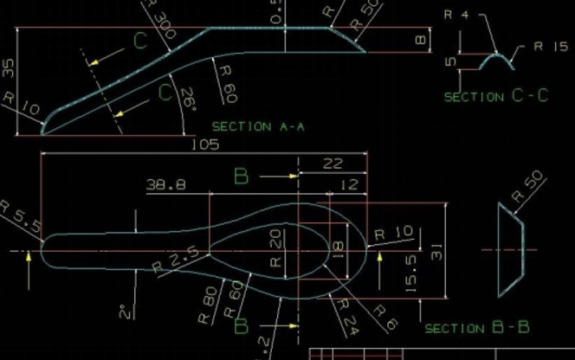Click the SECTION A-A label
click(x=258, y=126)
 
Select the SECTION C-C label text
click(x=496, y=96)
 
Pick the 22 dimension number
click(x=333, y=164)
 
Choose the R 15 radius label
click(x=549, y=47)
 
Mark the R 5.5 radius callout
click(x=20, y=216)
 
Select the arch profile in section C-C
click(x=494, y=61)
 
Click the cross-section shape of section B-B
click(x=510, y=247)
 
